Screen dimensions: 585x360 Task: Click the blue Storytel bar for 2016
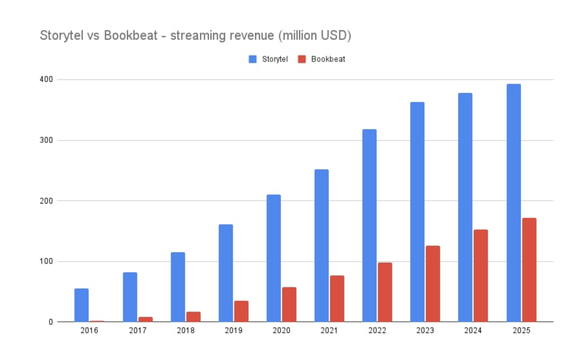point(82,305)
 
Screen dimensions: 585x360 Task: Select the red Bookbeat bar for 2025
point(529,270)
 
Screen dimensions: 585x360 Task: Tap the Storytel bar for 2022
point(370,225)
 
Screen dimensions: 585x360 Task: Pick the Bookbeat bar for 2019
point(241,311)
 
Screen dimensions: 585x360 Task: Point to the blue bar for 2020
point(274,258)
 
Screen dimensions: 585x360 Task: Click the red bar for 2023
point(433,284)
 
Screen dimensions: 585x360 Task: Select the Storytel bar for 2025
point(514,203)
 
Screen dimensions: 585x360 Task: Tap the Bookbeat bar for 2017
point(146,319)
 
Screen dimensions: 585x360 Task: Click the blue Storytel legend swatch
point(253,59)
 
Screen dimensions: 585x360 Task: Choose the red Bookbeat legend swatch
point(302,59)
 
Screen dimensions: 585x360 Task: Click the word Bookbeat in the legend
point(328,59)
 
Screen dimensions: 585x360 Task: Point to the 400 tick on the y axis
point(46,79)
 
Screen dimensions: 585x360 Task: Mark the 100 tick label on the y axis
point(46,261)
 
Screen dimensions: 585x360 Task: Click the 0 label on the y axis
point(51,322)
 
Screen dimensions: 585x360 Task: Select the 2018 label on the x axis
point(186,331)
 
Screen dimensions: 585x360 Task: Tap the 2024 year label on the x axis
point(473,331)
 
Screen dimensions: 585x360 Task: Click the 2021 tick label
point(329,331)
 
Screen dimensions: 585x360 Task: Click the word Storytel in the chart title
point(61,36)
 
